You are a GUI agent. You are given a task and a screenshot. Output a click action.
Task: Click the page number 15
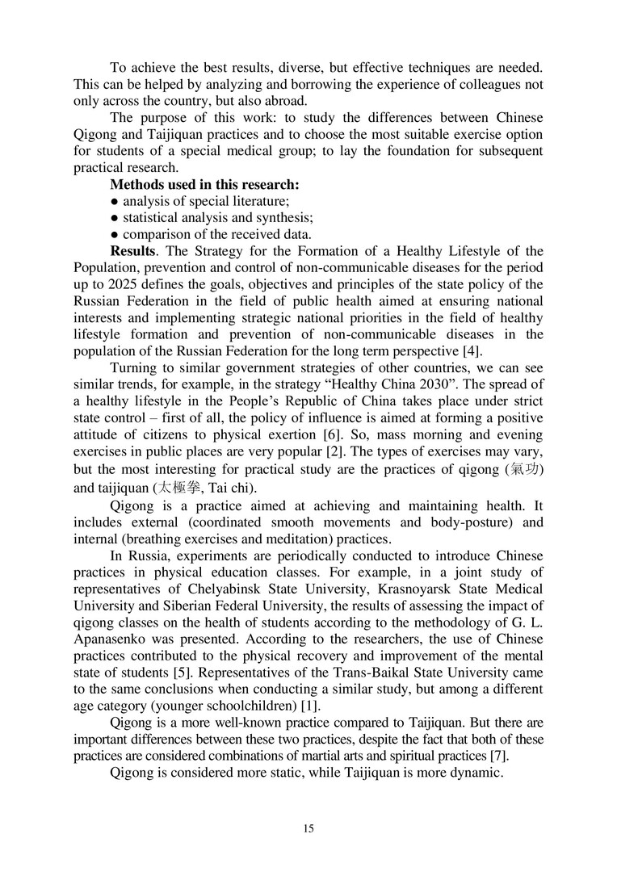[x=308, y=828]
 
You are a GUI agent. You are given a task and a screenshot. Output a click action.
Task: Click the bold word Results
[x=132, y=251]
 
